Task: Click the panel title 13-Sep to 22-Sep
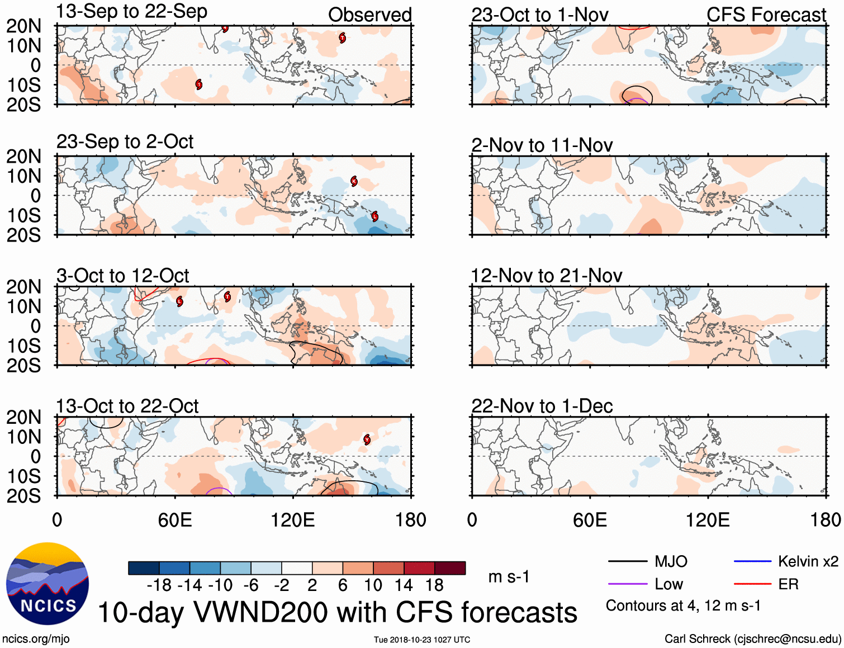131,11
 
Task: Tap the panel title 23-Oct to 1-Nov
539,15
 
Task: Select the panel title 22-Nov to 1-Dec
542,406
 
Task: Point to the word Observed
369,15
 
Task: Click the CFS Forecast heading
766,15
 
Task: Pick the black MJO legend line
627,561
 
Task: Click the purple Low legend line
627,584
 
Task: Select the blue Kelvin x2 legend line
752,561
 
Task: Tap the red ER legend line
752,584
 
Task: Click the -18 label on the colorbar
159,585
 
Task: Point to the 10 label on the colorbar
373,585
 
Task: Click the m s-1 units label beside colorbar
509,576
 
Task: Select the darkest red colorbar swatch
450,568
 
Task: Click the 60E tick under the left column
175,520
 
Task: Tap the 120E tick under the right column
708,520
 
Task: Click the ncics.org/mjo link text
36,638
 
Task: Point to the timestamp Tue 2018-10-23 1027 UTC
422,640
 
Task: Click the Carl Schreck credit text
752,638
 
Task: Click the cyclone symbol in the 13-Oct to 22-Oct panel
367,439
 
